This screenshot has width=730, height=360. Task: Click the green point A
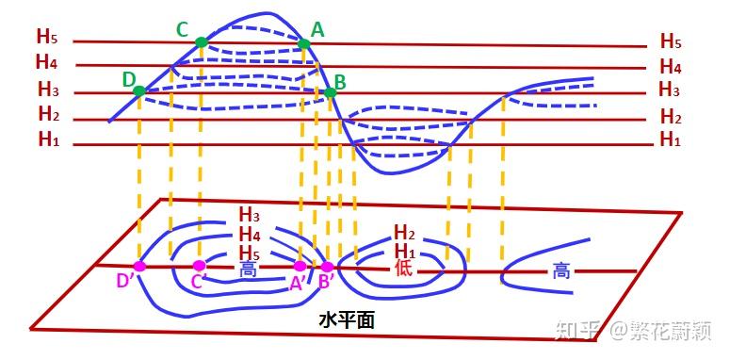pyautogui.click(x=303, y=44)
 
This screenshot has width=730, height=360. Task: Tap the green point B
pyautogui.click(x=331, y=92)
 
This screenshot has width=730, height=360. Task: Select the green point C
pyautogui.click(x=201, y=42)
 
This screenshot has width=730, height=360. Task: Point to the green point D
pyautogui.click(x=139, y=91)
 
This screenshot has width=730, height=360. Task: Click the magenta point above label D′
pyautogui.click(x=139, y=266)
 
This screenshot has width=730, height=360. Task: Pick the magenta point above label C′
pyautogui.click(x=199, y=266)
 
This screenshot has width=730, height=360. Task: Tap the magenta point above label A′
pyautogui.click(x=300, y=267)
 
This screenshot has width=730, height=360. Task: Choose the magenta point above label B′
pyautogui.click(x=328, y=267)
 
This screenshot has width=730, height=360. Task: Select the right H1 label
pyautogui.click(x=670, y=140)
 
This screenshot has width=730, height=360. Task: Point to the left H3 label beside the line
pyautogui.click(x=48, y=90)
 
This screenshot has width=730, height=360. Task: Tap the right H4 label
pyautogui.click(x=670, y=67)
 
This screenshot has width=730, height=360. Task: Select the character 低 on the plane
pyautogui.click(x=403, y=269)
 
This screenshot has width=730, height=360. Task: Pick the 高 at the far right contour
pyautogui.click(x=561, y=271)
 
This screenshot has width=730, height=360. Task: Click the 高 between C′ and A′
pyautogui.click(x=249, y=270)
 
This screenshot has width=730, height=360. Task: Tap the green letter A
pyautogui.click(x=317, y=30)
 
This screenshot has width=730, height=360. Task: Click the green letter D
pyautogui.click(x=128, y=79)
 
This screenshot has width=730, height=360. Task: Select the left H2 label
pyautogui.click(x=49, y=115)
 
